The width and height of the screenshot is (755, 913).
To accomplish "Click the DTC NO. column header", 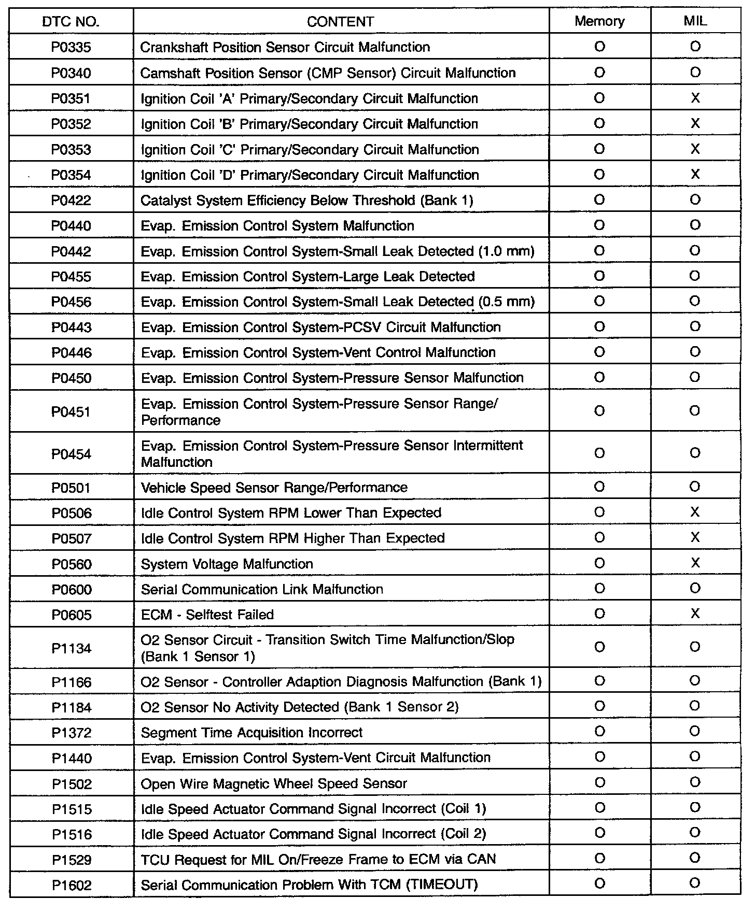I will tap(71, 22).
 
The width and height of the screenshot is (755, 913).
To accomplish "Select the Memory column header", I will tap(599, 21).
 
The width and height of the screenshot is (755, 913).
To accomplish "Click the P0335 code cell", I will tap(71, 47).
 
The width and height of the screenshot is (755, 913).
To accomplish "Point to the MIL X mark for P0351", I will tap(695, 98).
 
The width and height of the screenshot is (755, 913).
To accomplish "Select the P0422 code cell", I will tap(71, 201).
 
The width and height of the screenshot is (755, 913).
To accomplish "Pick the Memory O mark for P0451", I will tap(599, 411).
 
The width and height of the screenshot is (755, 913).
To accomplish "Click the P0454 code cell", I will tap(71, 454).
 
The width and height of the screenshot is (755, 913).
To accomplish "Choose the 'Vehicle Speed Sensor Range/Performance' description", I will tap(274, 488).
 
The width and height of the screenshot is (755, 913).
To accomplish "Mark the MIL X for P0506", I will tap(695, 512).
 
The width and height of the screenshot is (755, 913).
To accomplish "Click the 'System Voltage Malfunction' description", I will tap(227, 564).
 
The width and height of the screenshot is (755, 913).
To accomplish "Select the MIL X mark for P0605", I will tap(695, 614).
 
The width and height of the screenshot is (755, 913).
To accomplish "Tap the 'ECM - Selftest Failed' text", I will tap(207, 615).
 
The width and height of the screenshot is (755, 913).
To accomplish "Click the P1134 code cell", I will tap(71, 648).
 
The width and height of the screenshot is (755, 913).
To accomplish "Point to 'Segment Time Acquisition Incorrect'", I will tap(251, 733).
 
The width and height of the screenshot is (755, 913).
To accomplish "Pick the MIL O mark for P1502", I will tap(695, 782).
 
